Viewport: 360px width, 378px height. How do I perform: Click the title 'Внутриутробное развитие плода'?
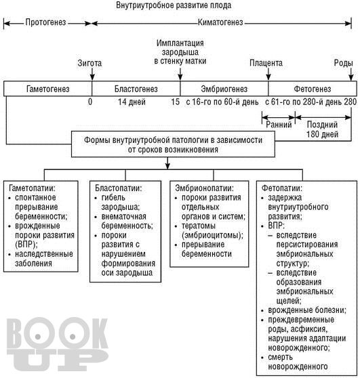point(174,5)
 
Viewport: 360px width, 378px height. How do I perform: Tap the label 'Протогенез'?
point(45,22)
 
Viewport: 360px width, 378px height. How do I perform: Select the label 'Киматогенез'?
point(220,22)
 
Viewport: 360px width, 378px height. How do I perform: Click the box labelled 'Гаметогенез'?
point(47,89)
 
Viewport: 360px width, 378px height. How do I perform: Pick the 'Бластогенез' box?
point(136,89)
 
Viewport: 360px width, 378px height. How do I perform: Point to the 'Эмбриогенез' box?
point(224,89)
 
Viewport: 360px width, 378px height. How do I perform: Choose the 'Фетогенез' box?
point(313,89)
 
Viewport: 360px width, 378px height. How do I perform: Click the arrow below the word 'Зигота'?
point(92,74)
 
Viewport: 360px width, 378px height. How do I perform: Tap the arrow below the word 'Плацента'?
point(268,74)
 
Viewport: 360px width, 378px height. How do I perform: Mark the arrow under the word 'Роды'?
point(351,74)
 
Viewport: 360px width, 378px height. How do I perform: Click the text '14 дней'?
point(132,102)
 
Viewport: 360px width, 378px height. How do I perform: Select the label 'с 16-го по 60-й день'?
point(222,102)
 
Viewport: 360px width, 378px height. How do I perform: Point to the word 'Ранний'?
point(279,125)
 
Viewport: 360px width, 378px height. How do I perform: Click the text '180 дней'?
point(322,134)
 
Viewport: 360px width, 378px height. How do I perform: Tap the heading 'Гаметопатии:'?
point(32,188)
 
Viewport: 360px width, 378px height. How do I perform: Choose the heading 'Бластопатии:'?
point(119,188)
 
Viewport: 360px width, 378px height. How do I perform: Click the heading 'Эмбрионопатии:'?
point(204,188)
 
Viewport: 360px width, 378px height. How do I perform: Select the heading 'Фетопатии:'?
point(282,188)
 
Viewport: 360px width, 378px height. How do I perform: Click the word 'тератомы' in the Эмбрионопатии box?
point(199,226)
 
